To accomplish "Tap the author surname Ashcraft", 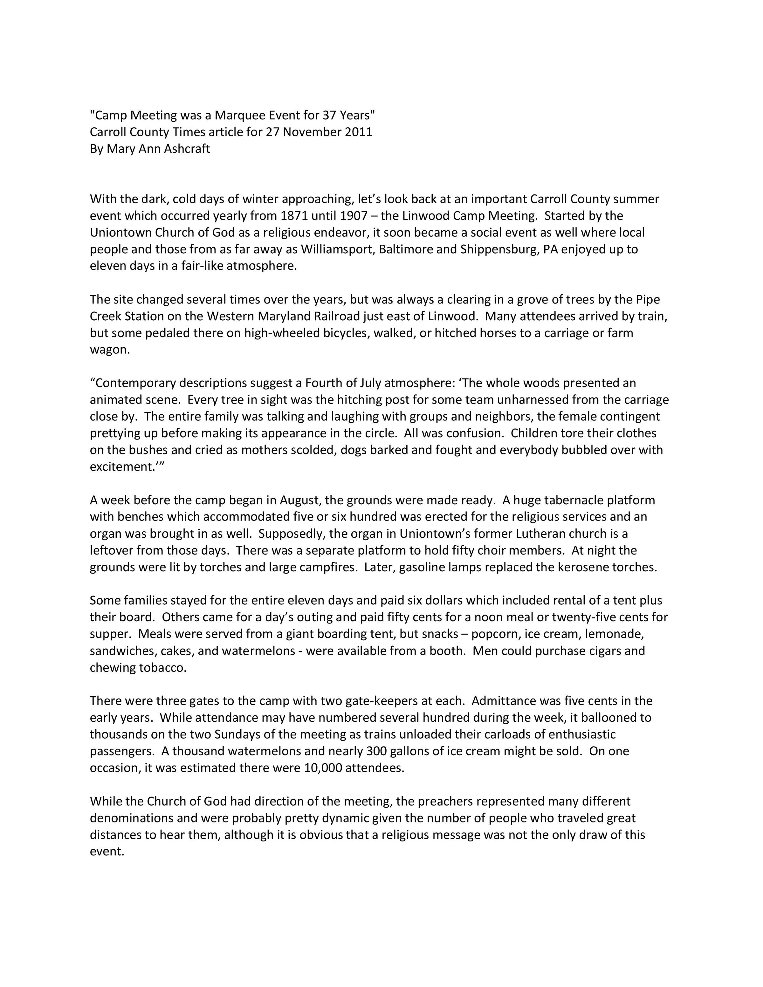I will pyautogui.click(x=187, y=149).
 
